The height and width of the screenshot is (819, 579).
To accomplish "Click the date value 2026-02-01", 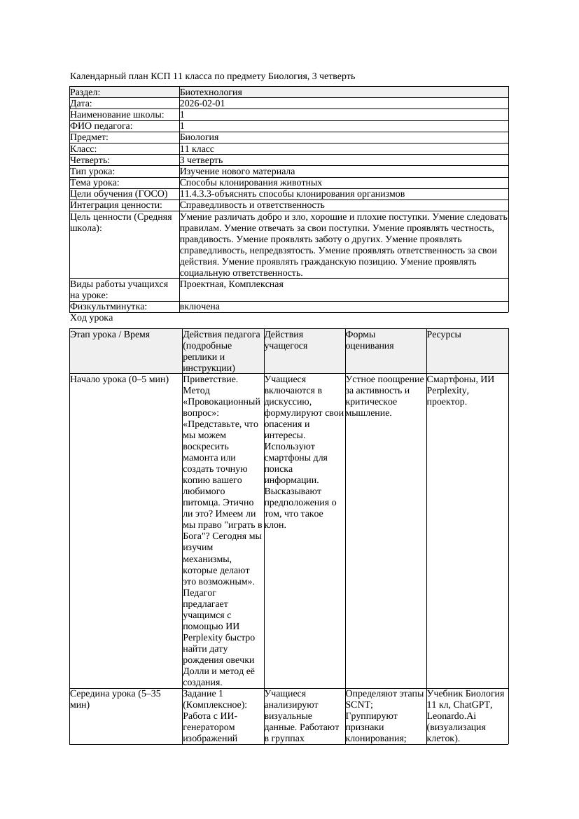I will (202, 104).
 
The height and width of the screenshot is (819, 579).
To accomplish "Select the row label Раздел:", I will (85, 92).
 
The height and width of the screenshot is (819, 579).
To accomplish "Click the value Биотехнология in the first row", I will (211, 92).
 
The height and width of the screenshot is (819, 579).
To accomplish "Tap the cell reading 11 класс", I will (197, 149).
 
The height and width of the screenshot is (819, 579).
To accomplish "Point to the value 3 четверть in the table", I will (201, 160).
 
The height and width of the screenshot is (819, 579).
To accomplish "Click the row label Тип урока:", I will (92, 171).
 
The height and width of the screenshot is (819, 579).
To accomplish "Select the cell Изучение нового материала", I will (237, 171).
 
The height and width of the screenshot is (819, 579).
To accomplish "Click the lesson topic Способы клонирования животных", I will (251, 183).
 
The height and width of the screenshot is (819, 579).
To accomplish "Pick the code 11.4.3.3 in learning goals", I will (197, 194).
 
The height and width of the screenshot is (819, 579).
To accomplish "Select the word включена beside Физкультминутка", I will (200, 307).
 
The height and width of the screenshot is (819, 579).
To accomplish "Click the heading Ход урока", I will (91, 318).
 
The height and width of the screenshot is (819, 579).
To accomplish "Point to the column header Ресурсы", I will (444, 335).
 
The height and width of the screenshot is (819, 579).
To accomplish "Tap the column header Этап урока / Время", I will (110, 335).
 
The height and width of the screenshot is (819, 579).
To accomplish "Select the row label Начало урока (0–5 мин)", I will (119, 379).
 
